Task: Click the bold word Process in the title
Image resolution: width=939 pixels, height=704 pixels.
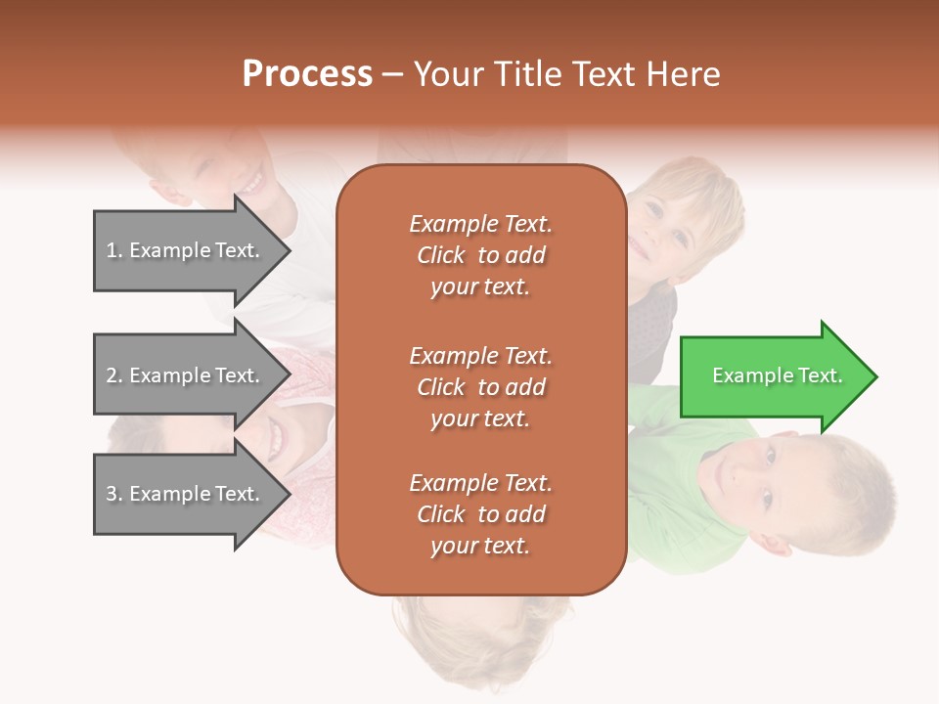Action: [307, 74]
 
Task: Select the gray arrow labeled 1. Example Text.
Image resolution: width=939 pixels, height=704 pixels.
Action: [186, 250]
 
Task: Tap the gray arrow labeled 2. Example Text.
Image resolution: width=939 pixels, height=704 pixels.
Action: [186, 375]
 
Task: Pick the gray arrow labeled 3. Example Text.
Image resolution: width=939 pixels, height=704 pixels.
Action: [186, 494]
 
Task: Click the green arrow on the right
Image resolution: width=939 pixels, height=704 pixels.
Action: [773, 376]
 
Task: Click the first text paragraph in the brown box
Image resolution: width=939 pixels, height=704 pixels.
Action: [480, 255]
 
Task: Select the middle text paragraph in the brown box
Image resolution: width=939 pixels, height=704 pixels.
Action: [480, 387]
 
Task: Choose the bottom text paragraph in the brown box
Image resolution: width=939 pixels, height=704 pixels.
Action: [480, 514]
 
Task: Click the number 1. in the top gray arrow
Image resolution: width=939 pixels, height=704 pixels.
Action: [114, 250]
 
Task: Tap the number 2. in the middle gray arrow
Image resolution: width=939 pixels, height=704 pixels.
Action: [114, 375]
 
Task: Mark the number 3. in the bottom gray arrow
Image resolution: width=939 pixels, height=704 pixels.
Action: [114, 494]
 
